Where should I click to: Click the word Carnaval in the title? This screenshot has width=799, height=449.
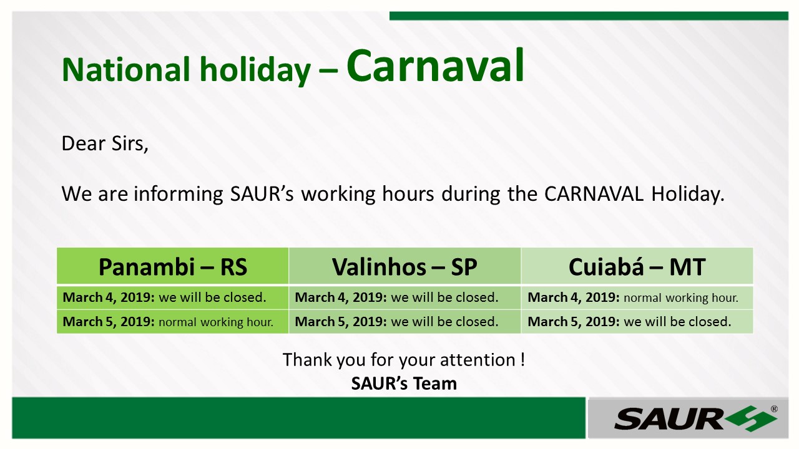pos(435,66)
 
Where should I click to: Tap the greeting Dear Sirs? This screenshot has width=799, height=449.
pos(105,143)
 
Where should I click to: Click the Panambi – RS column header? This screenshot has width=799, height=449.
pos(173,266)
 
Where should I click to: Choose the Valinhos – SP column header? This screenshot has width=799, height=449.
pos(404,266)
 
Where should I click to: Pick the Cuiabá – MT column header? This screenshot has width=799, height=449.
pos(637,266)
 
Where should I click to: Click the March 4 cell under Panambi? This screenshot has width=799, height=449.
pos(173,297)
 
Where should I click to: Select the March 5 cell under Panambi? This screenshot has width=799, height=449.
pos(173,322)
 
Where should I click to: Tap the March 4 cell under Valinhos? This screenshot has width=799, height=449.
pos(404,297)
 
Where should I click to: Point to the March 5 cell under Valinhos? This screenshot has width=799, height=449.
pos(404,322)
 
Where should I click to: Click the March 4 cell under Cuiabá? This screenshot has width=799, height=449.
pos(637,297)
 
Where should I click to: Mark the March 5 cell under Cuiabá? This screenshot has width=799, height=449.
pos(637,322)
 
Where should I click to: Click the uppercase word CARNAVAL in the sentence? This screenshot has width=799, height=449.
pos(594,194)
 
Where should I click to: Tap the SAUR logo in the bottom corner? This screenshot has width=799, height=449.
pos(695,418)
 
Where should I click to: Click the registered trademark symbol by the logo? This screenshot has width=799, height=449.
pos(774,409)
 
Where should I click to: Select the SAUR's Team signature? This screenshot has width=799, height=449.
pos(404,384)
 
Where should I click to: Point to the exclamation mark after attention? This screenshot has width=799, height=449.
pos(522,360)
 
